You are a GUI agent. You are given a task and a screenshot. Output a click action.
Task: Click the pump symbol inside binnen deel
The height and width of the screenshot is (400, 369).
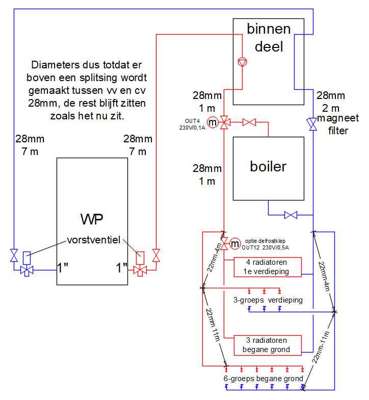(x=242, y=62)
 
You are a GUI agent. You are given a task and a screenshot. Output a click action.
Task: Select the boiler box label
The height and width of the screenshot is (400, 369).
(x=268, y=166)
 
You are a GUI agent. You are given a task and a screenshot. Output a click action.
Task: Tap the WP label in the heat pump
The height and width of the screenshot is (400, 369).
(x=92, y=219)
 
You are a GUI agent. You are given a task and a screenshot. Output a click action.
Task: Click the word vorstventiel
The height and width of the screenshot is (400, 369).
(x=94, y=240)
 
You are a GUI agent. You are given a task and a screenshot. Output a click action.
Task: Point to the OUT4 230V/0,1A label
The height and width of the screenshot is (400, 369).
(x=192, y=124)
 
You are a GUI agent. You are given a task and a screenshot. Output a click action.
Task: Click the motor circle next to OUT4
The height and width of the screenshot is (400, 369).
(x=212, y=122)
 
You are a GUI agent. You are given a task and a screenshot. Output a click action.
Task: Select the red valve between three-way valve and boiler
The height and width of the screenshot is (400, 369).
(x=249, y=122)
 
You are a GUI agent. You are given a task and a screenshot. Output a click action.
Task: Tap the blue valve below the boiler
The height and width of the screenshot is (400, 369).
(x=291, y=215)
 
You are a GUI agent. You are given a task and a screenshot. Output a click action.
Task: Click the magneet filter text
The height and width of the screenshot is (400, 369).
(x=338, y=124)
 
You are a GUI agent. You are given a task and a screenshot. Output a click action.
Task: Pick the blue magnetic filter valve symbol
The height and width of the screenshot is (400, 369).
(x=313, y=124)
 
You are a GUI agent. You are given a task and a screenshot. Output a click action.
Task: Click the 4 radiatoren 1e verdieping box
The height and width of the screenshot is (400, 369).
(x=268, y=267)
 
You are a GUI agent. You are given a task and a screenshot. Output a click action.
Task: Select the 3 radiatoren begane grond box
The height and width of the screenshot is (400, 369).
(x=268, y=345)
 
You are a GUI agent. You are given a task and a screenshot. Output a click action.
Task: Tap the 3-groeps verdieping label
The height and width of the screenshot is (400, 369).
(x=268, y=300)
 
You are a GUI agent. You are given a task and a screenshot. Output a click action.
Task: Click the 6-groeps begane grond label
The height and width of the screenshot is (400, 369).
(x=263, y=379)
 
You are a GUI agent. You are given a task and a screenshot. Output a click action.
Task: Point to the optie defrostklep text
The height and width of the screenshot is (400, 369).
(x=265, y=241)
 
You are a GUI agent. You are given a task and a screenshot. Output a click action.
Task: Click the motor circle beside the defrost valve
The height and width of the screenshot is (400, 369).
(x=235, y=244)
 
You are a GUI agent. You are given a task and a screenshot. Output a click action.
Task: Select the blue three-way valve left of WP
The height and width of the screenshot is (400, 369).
(x=27, y=270)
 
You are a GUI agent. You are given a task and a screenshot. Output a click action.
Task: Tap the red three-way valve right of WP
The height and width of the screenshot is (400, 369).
(x=140, y=270)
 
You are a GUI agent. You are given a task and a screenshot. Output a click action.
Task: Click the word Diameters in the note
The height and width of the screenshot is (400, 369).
(x=55, y=65)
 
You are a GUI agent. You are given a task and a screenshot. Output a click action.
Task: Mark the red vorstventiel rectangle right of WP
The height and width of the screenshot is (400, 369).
(x=140, y=258)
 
